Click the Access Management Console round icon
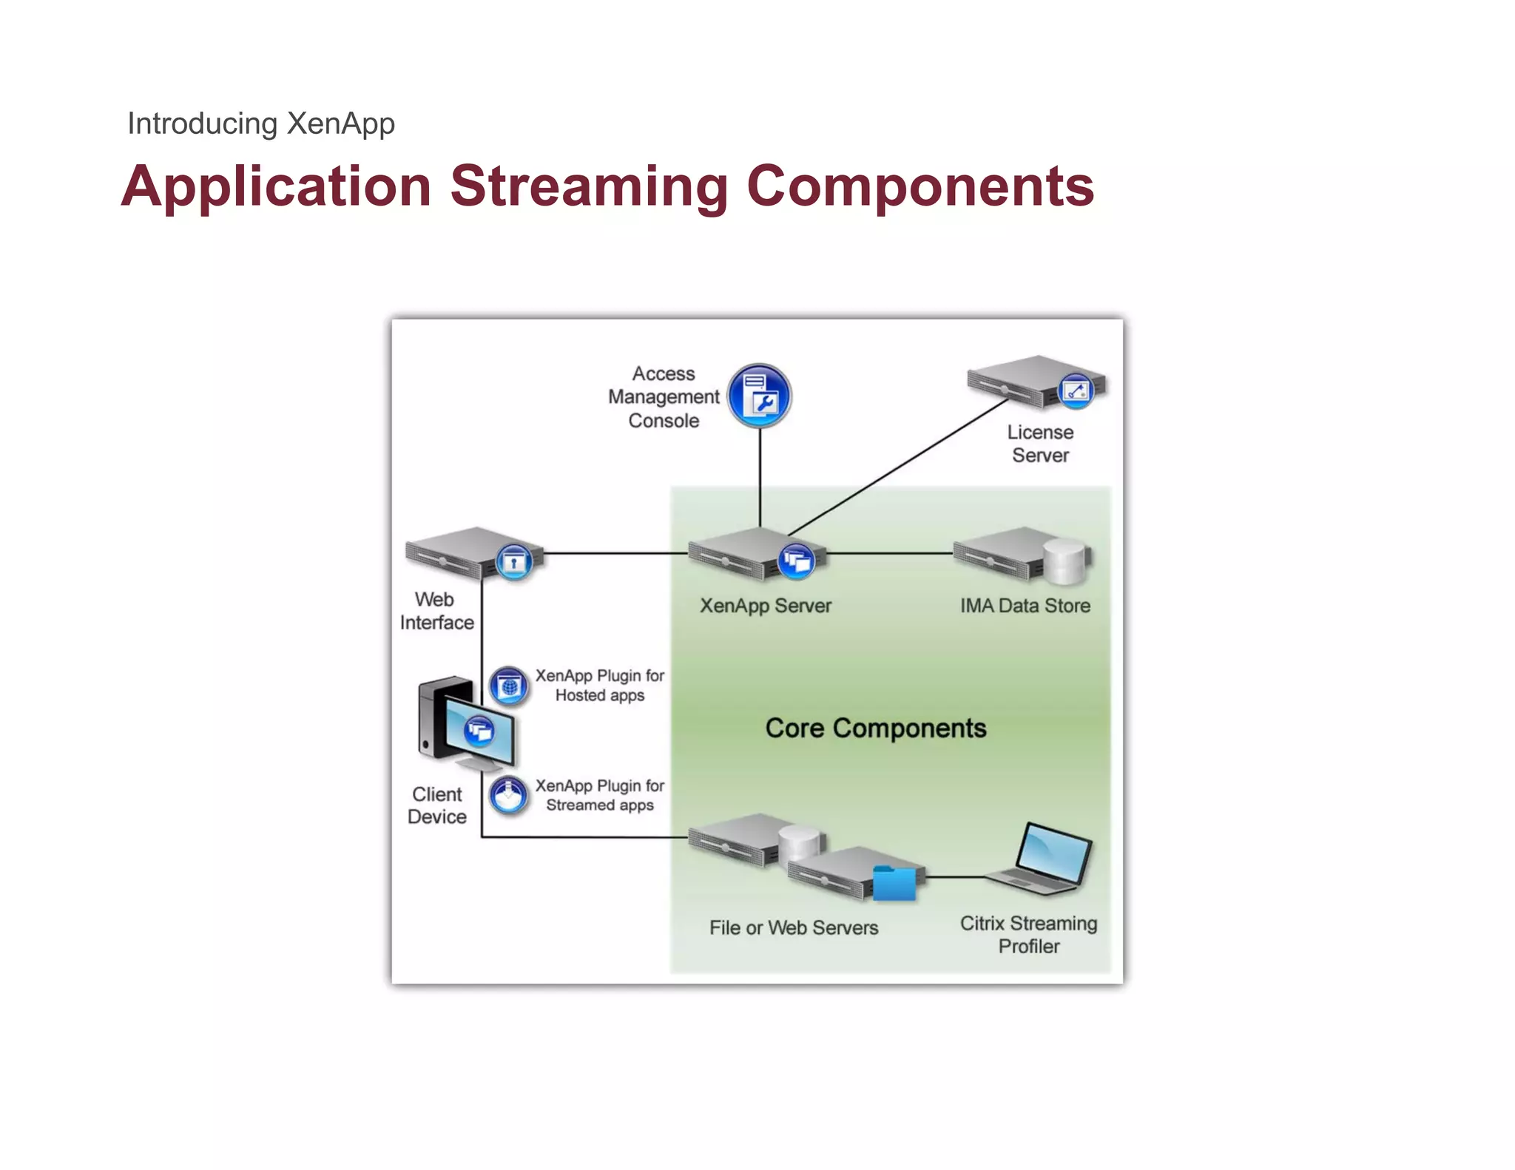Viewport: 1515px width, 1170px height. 760,396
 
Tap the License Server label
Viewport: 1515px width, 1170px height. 1040,444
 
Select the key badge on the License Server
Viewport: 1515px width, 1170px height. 1076,390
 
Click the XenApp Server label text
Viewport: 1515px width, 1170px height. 766,606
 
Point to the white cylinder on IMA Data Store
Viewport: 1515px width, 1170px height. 1064,562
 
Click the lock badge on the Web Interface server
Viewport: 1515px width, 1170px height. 514,563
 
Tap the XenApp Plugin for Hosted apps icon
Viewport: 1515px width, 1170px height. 509,686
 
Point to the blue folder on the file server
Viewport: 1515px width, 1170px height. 894,884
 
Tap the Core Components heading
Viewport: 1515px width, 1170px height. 875,728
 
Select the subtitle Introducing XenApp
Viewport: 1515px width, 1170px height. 261,124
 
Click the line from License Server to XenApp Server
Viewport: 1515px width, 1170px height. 899,467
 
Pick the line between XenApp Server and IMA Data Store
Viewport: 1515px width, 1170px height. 888,553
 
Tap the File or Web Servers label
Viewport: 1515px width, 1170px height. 793,927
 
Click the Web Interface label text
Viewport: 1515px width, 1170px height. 436,611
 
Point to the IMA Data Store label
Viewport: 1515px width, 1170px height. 1025,606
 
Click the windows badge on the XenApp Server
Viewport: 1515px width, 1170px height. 797,561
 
